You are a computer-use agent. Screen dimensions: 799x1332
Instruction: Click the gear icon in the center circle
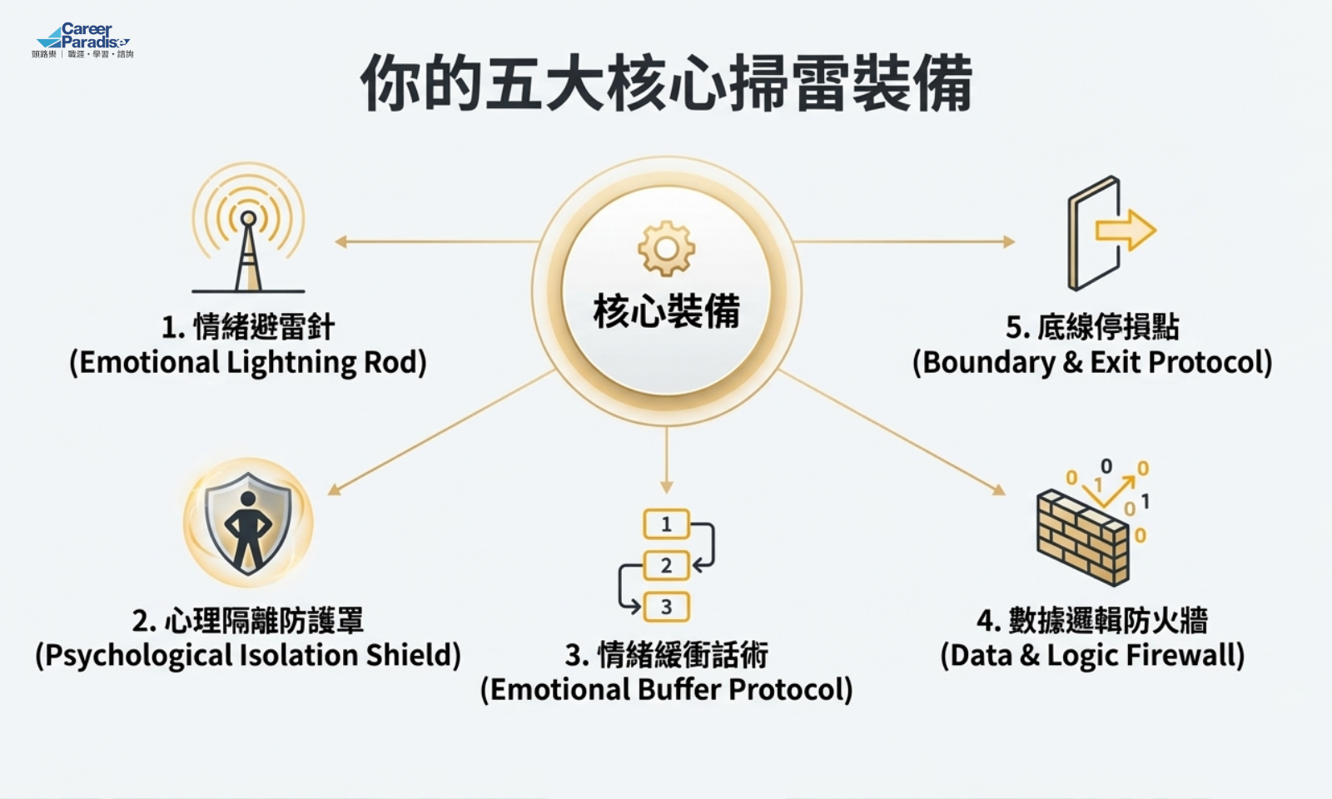666,248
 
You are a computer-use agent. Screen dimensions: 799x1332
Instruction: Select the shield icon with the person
248,523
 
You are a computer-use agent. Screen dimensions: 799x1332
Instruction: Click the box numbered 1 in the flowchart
666,524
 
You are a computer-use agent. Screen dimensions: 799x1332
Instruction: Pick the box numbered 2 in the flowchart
666,566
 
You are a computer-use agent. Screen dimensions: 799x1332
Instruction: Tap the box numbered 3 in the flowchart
666,607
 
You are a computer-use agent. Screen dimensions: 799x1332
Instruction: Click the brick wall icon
1082,537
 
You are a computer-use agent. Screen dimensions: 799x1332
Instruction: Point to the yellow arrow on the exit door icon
1126,230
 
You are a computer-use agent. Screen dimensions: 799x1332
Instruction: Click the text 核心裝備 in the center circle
666,311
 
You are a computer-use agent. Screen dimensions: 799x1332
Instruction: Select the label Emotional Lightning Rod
248,363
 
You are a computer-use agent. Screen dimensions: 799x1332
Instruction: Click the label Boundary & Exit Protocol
1092,363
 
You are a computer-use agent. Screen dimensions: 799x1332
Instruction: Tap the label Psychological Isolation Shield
248,655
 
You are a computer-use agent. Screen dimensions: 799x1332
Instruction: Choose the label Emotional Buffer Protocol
666,689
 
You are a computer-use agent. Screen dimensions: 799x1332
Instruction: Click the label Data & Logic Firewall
1092,655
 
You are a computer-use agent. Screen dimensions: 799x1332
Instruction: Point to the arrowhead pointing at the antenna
340,242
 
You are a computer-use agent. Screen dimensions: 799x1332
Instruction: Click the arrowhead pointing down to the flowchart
666,488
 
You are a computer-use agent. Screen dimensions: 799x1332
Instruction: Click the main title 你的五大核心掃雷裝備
666,83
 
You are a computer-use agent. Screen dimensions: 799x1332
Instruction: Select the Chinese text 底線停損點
1107,327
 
